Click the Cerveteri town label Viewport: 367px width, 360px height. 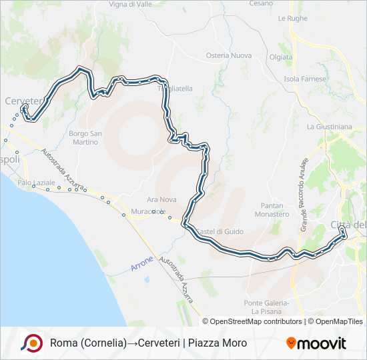24,100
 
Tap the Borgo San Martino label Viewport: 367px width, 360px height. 85,137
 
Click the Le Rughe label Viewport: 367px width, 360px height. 292,18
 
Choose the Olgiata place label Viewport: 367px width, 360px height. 280,57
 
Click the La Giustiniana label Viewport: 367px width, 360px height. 329,126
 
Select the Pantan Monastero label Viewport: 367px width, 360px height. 272,211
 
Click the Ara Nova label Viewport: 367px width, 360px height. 160,199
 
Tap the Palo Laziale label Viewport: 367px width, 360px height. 36,182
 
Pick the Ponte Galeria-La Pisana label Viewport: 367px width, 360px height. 266,307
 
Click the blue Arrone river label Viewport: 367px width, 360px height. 142,263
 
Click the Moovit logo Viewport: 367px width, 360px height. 316,343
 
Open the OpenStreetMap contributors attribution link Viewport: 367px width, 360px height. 256,321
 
